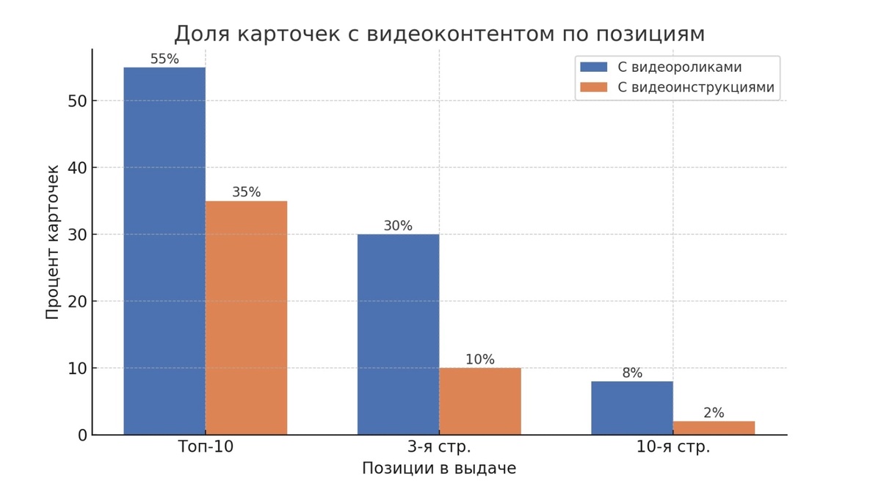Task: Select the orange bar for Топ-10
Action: coord(246,317)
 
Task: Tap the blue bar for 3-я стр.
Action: coord(398,334)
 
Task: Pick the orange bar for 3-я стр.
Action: coord(480,401)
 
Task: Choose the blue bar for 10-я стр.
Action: coord(632,408)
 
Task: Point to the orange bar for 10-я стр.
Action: coord(714,427)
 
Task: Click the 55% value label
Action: coord(164,59)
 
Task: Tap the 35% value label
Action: coord(246,192)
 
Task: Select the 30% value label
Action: coord(398,226)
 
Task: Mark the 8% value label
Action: coord(632,372)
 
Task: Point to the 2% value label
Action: coord(714,413)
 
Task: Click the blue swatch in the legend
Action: coord(593,67)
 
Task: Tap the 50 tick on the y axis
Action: coord(78,101)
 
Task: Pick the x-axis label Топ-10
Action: coord(206,447)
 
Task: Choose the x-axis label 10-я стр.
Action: coord(672,447)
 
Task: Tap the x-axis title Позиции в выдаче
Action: coord(439,469)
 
